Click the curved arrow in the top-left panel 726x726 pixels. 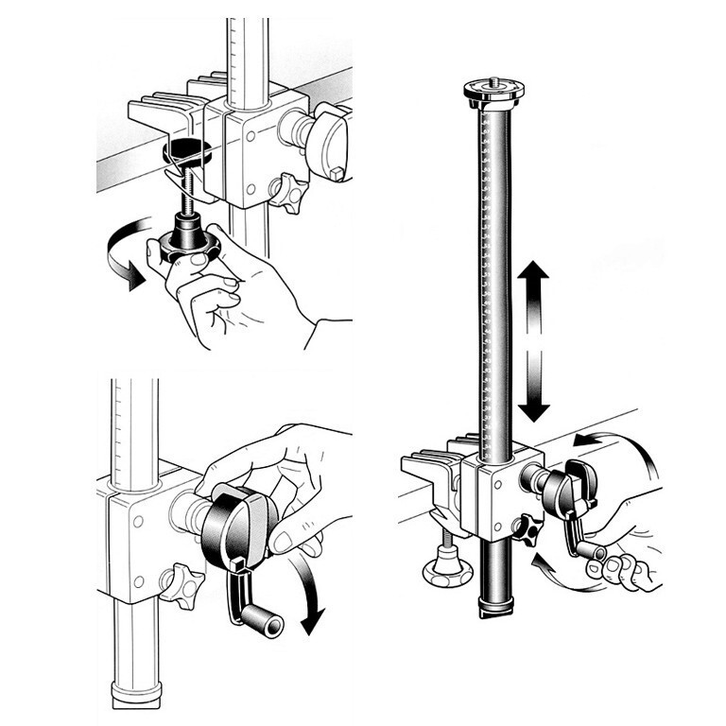(x=120, y=248)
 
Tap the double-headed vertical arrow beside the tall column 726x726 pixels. (x=533, y=342)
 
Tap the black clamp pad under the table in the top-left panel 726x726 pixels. (x=189, y=149)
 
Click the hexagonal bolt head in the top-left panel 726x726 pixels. (x=337, y=173)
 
